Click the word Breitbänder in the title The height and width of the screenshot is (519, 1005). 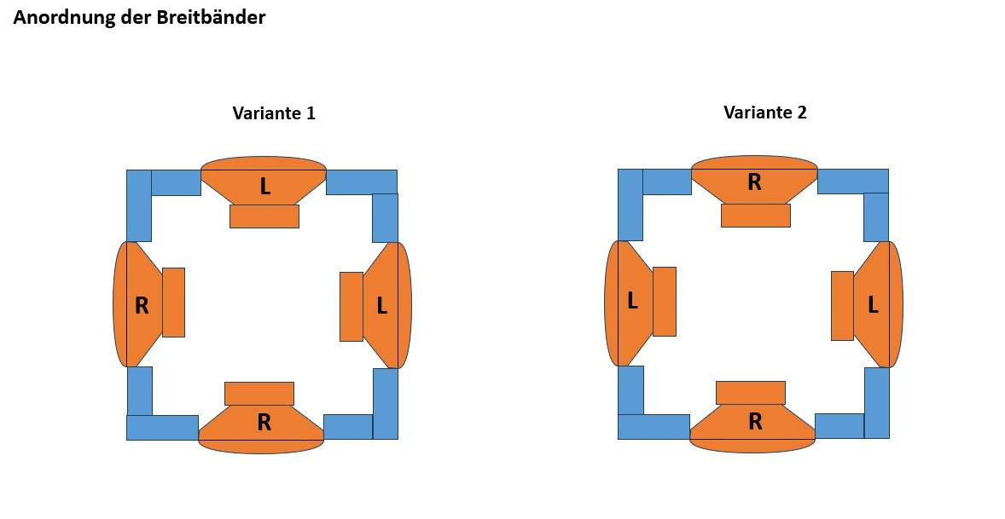211,18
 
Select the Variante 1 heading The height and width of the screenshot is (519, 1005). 274,113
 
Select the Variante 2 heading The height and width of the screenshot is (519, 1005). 764,112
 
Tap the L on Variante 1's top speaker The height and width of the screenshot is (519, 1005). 264,187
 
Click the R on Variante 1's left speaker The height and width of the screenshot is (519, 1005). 142,306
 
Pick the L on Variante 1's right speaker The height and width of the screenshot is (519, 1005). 381,306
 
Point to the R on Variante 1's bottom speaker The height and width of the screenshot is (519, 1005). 264,422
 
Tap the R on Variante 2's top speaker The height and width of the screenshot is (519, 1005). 754,182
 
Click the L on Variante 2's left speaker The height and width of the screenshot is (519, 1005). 632,301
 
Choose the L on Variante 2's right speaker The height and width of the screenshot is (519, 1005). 873,305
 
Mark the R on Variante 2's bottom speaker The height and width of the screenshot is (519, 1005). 755,421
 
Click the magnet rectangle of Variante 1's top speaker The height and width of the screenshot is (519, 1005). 264,216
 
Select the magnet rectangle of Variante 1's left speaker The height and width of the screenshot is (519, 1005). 173,303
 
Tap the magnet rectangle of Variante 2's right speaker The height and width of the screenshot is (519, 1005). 842,306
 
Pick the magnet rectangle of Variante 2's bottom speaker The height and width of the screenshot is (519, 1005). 750,392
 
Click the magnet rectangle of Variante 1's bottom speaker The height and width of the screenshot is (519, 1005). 259,394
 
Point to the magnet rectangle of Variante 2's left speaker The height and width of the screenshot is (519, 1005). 665,302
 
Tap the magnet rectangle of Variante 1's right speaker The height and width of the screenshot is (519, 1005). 351,307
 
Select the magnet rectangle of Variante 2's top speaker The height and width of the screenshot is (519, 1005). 755,216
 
